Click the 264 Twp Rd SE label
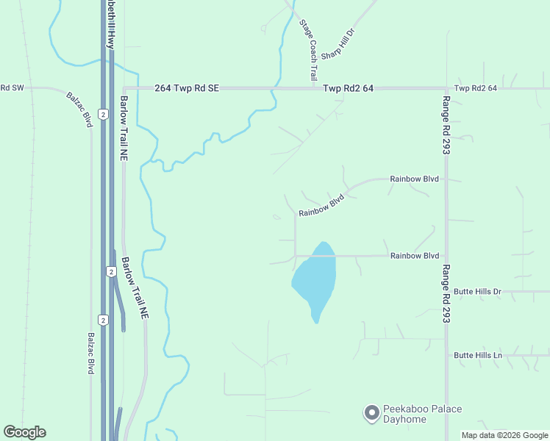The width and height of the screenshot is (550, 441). pos(187,88)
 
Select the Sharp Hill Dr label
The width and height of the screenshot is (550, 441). pos(338,45)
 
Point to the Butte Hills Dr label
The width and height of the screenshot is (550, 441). pos(477,292)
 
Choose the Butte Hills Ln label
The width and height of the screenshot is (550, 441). pos(478,355)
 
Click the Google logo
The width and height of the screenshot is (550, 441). pos(24,432)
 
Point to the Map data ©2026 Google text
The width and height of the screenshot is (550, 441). pos(504,435)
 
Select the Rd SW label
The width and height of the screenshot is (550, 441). pos(12,88)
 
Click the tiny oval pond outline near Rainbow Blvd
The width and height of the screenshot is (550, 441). pos(276,217)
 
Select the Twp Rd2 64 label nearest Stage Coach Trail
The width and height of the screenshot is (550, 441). pos(348,88)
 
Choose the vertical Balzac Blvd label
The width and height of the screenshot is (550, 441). pos(91,353)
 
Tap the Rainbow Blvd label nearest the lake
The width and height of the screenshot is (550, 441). pos(415,256)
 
